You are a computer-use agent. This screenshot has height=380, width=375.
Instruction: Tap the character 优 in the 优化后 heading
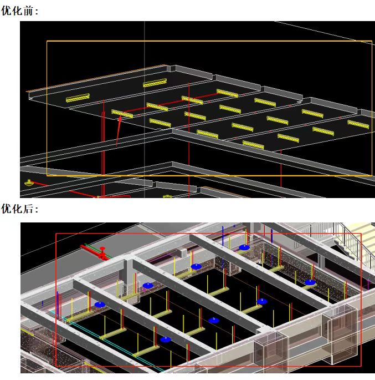pyautogui.click(x=6, y=209)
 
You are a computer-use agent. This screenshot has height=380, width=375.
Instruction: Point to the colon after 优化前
pyautogui.click(x=37, y=12)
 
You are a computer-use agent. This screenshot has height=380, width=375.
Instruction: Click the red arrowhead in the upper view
pyautogui.click(x=120, y=119)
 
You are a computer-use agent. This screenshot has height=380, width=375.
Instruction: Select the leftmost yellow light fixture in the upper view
pyautogui.click(x=78, y=98)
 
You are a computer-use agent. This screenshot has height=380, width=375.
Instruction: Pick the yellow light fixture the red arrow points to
pyautogui.click(x=122, y=114)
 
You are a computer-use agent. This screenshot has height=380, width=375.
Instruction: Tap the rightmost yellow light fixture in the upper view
pyautogui.click(x=358, y=124)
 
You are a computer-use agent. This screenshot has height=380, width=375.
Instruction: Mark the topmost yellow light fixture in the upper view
pyautogui.click(x=155, y=83)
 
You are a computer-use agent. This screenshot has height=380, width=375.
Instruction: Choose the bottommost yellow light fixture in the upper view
pyautogui.click(x=253, y=145)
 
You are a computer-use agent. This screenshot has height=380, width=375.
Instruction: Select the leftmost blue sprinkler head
pyautogui.click(x=100, y=305)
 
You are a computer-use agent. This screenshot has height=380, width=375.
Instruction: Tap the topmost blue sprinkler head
pyautogui.click(x=244, y=247)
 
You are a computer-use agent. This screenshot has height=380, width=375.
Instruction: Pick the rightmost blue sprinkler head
pyautogui.click(x=310, y=282)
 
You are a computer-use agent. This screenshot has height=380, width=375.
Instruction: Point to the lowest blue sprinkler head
pyautogui.click(x=166, y=340)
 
